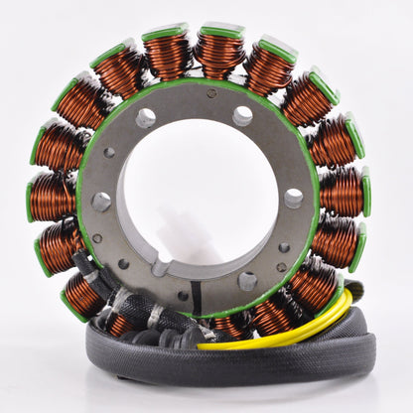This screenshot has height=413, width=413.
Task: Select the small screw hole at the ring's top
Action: [211, 94]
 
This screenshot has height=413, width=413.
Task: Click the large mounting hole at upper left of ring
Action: [146, 118]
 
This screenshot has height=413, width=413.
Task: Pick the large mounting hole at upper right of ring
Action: [242, 116]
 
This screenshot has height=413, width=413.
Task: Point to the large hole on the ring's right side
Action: [295, 197]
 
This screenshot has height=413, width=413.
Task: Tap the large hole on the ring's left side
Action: [101, 202]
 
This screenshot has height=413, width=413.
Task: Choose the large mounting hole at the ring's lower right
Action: [246, 281]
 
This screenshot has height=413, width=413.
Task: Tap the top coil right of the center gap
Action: [219, 55]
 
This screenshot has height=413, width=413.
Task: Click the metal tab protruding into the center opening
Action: [162, 264]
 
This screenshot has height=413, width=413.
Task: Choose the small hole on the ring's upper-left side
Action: [109, 153]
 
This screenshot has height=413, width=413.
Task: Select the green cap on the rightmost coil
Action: [364, 191]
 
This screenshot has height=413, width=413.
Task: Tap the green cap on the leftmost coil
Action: [32, 198]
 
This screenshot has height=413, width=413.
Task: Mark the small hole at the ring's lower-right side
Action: [284, 247]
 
